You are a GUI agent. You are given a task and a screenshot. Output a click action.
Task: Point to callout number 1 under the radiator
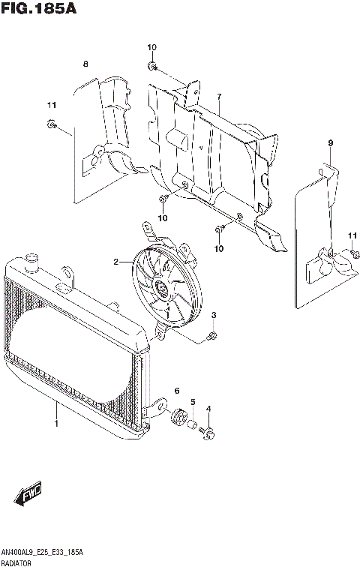click(x=55, y=424)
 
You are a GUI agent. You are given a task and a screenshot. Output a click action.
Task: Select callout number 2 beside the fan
click(x=116, y=262)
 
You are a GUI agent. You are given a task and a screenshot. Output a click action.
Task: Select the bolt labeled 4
click(x=208, y=432)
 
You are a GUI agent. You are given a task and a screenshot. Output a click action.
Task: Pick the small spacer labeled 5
click(x=192, y=424)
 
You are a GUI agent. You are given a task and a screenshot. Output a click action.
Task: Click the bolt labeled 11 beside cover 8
click(x=51, y=124)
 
